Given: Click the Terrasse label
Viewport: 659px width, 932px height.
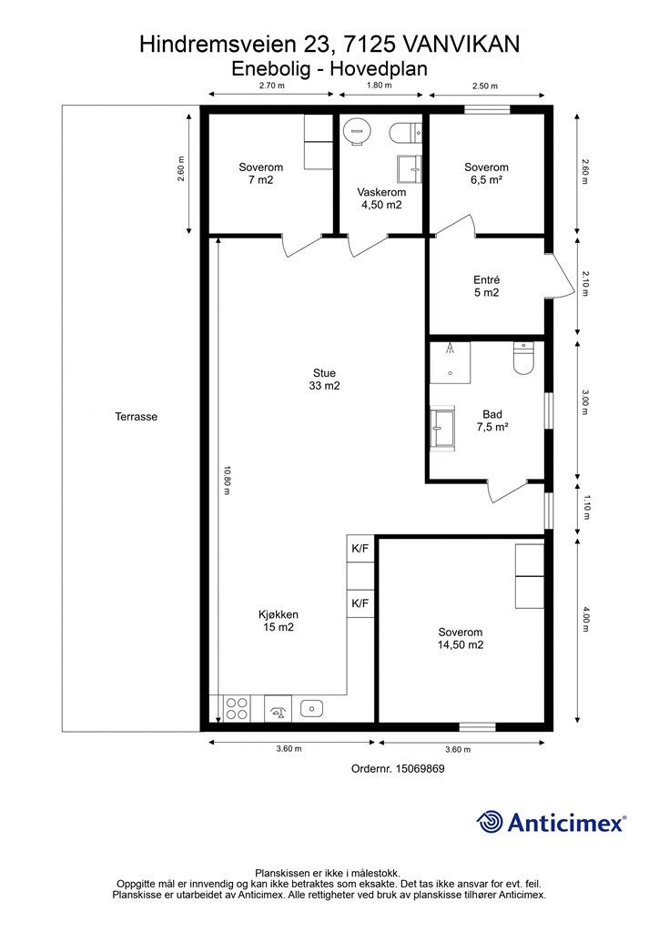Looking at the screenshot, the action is click(137, 417).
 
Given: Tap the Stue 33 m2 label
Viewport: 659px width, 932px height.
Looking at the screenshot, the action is click(324, 380).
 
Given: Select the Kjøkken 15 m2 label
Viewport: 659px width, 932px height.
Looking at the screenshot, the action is click(279, 621).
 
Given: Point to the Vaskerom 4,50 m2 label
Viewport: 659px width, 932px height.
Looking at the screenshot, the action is click(381, 198).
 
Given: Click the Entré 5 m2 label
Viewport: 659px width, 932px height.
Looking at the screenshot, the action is click(487, 286).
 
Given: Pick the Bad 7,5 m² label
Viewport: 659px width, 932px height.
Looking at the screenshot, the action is click(492, 420).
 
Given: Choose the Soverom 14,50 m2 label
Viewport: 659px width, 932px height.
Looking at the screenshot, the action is click(461, 638).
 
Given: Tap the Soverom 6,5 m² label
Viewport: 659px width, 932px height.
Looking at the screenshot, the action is click(487, 174).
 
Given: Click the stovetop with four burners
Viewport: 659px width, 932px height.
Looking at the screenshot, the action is click(237, 709).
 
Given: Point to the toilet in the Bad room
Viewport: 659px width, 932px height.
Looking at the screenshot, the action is click(523, 359).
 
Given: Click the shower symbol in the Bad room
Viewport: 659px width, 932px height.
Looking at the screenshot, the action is click(450, 362).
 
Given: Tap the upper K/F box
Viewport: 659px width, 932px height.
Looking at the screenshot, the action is click(360, 548).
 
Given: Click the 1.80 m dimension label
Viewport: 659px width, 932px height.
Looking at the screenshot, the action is click(380, 85).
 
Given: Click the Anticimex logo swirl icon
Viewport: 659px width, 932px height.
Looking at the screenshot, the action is click(490, 822).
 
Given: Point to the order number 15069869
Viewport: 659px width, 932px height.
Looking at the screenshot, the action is click(420, 768).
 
